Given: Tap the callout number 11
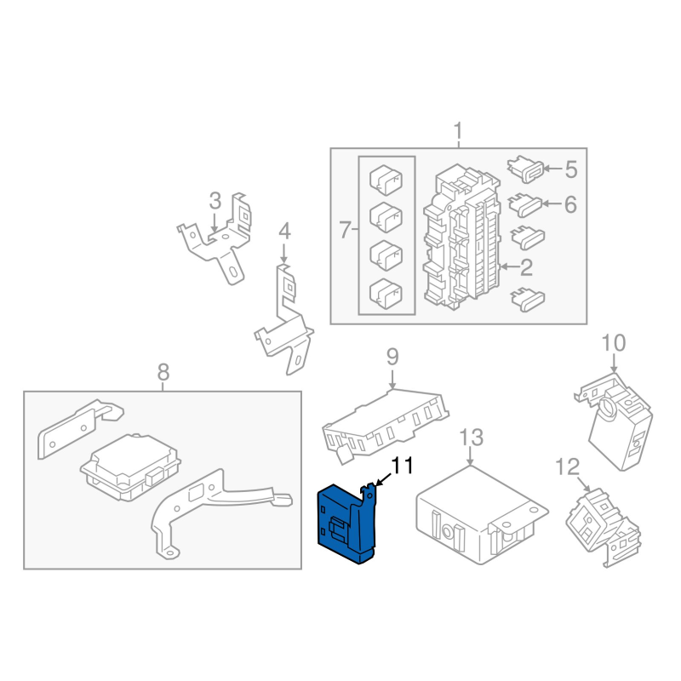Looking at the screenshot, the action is (x=402, y=466).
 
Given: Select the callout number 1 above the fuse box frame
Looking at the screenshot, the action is (x=458, y=131).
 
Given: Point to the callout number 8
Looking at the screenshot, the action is (x=163, y=372).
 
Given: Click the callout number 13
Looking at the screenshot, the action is (x=472, y=437).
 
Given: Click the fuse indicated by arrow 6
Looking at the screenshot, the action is (x=525, y=205).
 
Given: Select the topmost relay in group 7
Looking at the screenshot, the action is (x=386, y=180).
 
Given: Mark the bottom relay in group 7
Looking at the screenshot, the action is (x=386, y=294).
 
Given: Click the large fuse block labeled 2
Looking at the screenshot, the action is (x=461, y=237).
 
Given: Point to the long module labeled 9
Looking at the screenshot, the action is (x=386, y=426).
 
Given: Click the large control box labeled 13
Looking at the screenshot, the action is (x=482, y=515).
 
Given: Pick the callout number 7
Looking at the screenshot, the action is (x=345, y=229).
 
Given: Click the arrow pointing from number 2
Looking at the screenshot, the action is (x=509, y=266).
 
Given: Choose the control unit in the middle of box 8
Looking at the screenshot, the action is (x=131, y=466).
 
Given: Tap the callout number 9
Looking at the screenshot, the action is (x=392, y=357).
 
